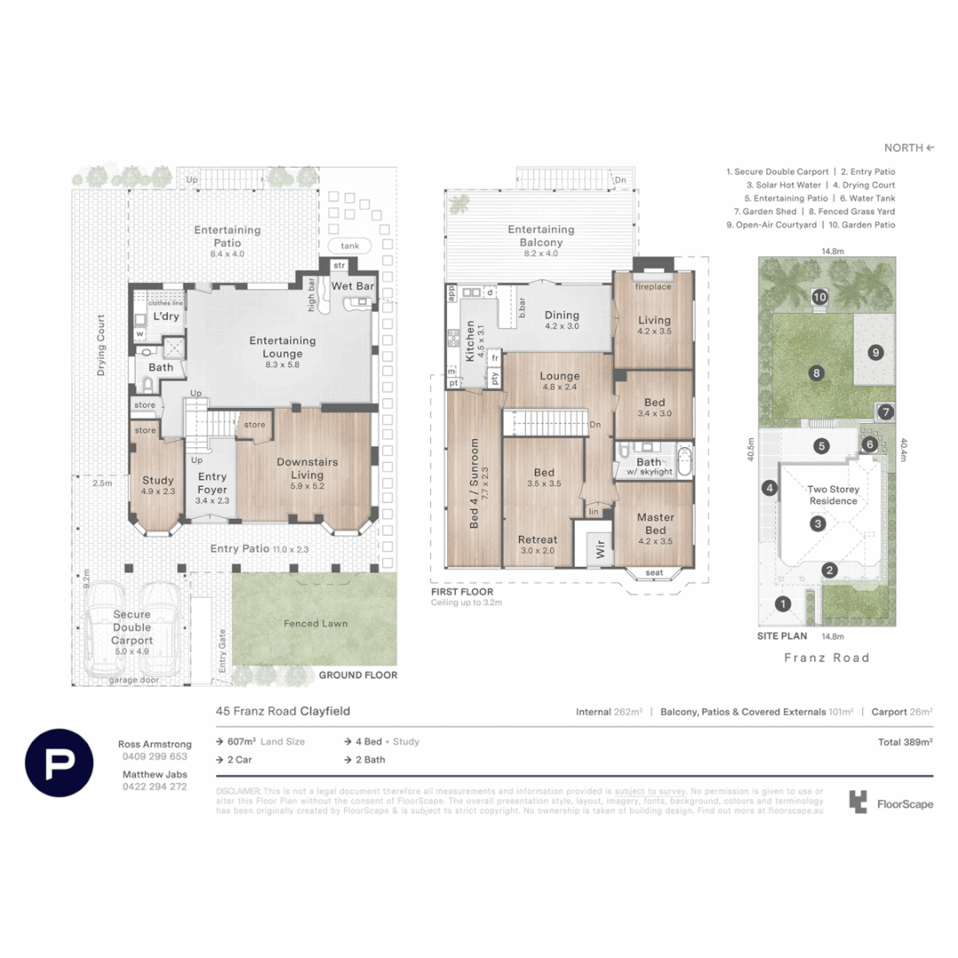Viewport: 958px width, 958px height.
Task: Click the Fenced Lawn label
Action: click(315, 624)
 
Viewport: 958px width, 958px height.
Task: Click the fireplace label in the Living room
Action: click(652, 287)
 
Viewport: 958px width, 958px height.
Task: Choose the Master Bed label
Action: click(655, 523)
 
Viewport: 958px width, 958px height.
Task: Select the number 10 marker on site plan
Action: click(820, 297)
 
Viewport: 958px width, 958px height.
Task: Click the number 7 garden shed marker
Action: click(884, 412)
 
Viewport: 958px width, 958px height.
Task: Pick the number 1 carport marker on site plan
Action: click(782, 605)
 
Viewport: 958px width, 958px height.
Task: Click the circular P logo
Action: click(59, 763)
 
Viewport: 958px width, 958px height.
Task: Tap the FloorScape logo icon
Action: click(857, 802)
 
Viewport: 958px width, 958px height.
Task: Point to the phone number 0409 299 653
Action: click(154, 757)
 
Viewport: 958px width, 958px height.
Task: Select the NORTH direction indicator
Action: click(909, 148)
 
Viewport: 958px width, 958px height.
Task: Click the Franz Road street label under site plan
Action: click(827, 657)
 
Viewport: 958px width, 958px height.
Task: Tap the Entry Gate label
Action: click(223, 650)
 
